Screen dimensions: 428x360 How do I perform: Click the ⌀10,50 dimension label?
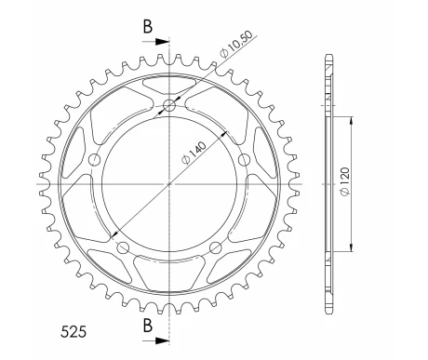point(236,44)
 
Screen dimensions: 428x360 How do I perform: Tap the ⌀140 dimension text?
point(194,153)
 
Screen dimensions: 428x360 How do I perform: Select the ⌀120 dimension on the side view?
point(345,181)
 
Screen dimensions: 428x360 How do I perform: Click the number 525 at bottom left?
point(74,332)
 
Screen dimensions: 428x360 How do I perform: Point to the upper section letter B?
point(148,26)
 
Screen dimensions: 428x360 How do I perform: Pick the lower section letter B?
point(148,326)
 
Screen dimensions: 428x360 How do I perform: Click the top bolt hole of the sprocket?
point(169,106)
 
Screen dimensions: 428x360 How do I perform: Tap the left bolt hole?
point(95,160)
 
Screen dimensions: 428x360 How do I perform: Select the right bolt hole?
point(244,160)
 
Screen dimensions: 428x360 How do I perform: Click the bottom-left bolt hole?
point(123,247)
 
